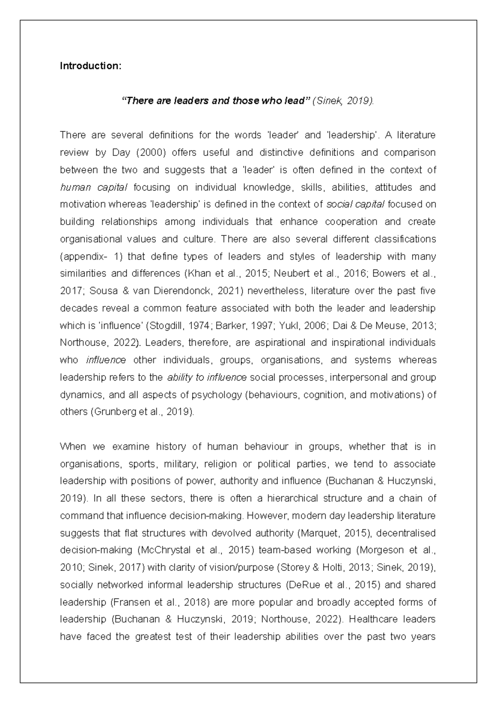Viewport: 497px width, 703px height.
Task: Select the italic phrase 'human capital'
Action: pyautogui.click(x=94, y=187)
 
